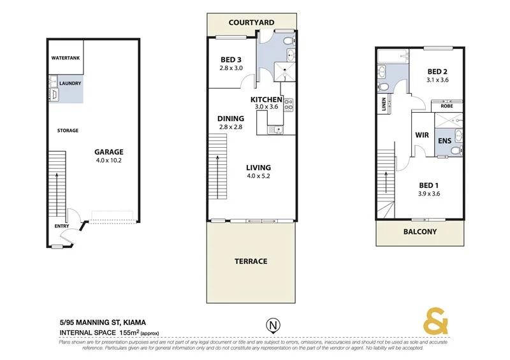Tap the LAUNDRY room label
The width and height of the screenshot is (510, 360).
coord(69,83)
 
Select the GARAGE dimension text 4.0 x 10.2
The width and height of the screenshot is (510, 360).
coord(108,161)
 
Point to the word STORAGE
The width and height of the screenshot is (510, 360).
coord(68,131)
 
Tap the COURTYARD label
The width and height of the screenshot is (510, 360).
coord(251,22)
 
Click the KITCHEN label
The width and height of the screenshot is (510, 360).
coord(266,100)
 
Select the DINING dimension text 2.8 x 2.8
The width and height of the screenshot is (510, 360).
coord(230,127)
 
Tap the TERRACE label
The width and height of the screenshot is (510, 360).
coord(251,261)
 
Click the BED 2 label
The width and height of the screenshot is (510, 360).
coord(437,71)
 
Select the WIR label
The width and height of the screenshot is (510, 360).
coord(421,135)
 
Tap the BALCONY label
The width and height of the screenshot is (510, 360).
coord(421,232)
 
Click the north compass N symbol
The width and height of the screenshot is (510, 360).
coord(272,324)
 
